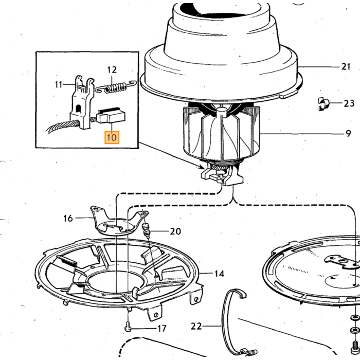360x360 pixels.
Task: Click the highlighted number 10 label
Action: (x=112, y=137)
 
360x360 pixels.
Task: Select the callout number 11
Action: (x=59, y=84)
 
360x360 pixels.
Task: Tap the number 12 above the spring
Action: (x=112, y=69)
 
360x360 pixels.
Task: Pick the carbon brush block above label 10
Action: (x=111, y=116)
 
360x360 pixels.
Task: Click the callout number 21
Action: (x=346, y=67)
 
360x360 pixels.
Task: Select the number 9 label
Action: (x=348, y=133)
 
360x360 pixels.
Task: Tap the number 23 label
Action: (x=349, y=103)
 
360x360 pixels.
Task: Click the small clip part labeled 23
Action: (x=323, y=104)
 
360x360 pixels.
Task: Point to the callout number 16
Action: (x=68, y=218)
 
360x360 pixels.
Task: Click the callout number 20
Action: (x=175, y=231)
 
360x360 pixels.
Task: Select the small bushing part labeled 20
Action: (x=146, y=229)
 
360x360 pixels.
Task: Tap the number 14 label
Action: (x=219, y=274)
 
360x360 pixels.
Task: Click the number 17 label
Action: (x=162, y=329)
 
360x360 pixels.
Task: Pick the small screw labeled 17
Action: (x=129, y=327)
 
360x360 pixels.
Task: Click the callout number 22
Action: (x=196, y=326)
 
